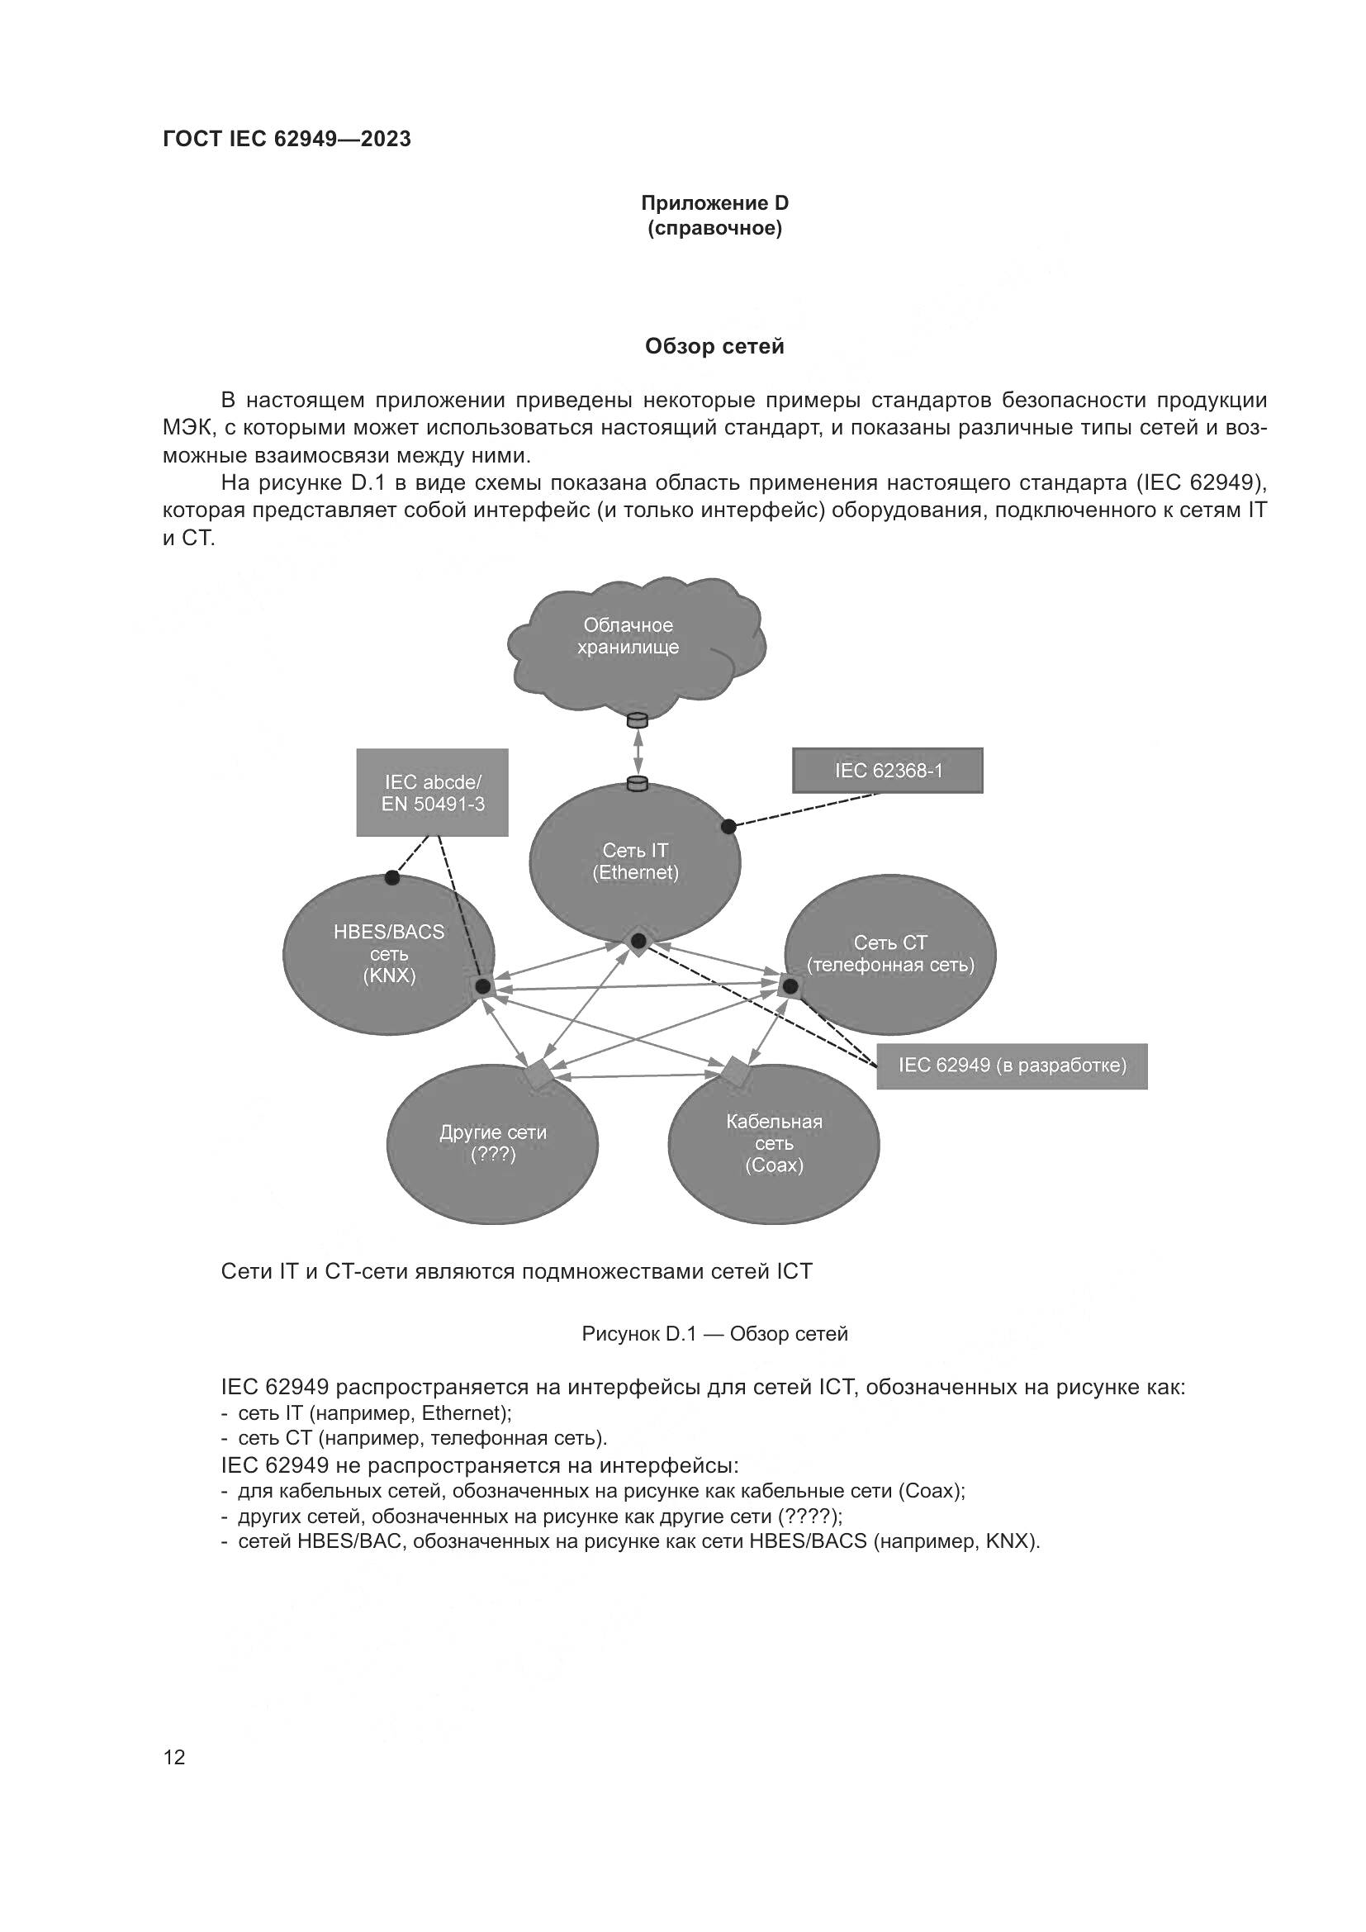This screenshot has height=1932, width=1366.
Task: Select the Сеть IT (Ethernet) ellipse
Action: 635,862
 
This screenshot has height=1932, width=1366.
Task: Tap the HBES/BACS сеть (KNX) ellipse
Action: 389,954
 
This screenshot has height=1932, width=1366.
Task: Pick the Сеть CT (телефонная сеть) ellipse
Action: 890,954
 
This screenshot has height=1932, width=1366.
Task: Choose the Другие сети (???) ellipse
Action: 492,1143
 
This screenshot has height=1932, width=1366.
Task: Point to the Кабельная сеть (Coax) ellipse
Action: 774,1143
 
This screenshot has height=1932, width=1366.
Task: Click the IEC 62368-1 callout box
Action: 887,771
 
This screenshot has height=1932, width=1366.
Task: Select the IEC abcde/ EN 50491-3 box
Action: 432,793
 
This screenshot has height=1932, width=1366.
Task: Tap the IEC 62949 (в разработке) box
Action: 1012,1066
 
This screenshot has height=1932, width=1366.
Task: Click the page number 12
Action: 174,1756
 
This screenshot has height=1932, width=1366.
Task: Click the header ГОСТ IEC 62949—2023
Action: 287,139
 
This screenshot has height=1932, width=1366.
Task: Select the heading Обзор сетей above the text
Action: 714,347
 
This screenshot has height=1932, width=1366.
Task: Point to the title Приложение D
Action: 714,203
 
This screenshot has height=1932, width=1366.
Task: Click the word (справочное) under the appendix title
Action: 714,229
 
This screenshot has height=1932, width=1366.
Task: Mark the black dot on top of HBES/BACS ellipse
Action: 392,879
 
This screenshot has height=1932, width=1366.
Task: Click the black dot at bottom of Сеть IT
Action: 638,940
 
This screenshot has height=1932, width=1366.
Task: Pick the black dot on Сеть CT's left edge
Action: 790,985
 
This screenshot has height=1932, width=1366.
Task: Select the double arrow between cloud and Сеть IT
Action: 638,752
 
